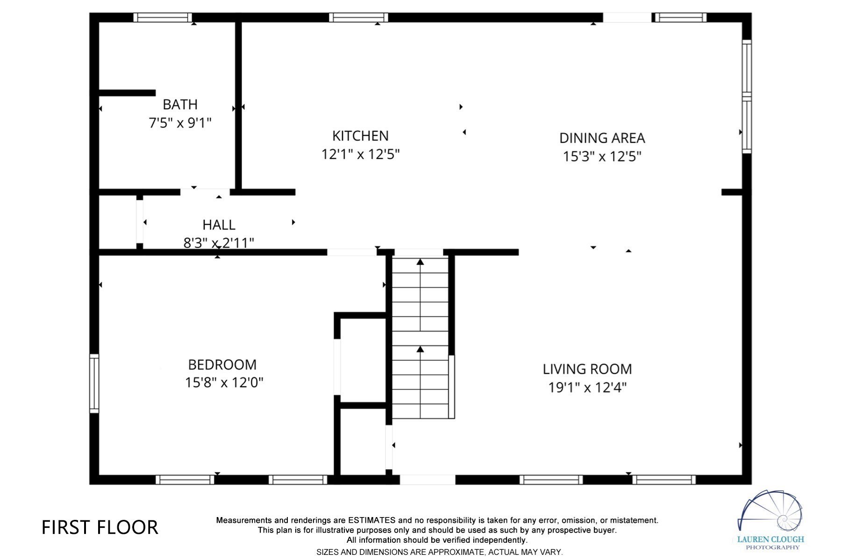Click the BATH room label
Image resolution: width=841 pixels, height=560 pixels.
tap(180, 104)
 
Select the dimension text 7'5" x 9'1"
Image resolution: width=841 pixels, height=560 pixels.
tap(180, 123)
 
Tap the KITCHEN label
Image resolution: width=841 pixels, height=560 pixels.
tap(360, 136)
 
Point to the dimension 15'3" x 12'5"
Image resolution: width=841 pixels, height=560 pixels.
tap(602, 156)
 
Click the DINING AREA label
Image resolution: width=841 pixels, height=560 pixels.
tap(602, 138)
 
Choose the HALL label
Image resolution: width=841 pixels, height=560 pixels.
tap(219, 225)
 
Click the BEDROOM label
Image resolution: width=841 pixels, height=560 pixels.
tap(222, 364)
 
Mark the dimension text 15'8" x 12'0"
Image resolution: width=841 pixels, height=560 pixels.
tap(224, 383)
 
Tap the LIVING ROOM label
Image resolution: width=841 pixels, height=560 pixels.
tap(587, 369)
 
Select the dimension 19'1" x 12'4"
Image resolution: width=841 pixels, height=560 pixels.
tap(587, 387)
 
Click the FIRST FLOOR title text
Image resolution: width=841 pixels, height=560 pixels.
tap(100, 527)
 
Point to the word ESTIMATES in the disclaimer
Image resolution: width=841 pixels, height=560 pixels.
tap(371, 520)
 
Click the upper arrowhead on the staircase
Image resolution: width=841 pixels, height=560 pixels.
tap(420, 262)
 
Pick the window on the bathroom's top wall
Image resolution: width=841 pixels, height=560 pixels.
tap(163, 18)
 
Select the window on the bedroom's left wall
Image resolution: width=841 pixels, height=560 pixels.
tap(94, 383)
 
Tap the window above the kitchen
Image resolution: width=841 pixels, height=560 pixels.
tap(358, 18)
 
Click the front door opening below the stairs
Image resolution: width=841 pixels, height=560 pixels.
tap(427, 480)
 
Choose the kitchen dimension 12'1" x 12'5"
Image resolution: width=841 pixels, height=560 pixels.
tap(360, 154)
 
